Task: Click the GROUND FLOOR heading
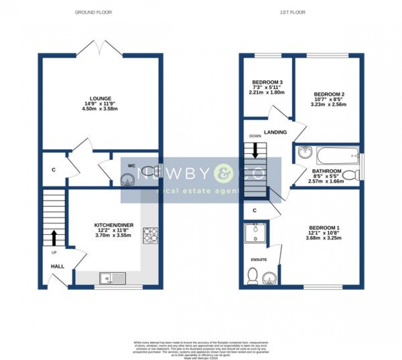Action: click(x=93, y=13)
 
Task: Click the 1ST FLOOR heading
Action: click(x=292, y=13)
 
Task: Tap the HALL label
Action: click(x=57, y=266)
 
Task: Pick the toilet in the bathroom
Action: click(x=349, y=176)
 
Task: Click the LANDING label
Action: click(x=275, y=132)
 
